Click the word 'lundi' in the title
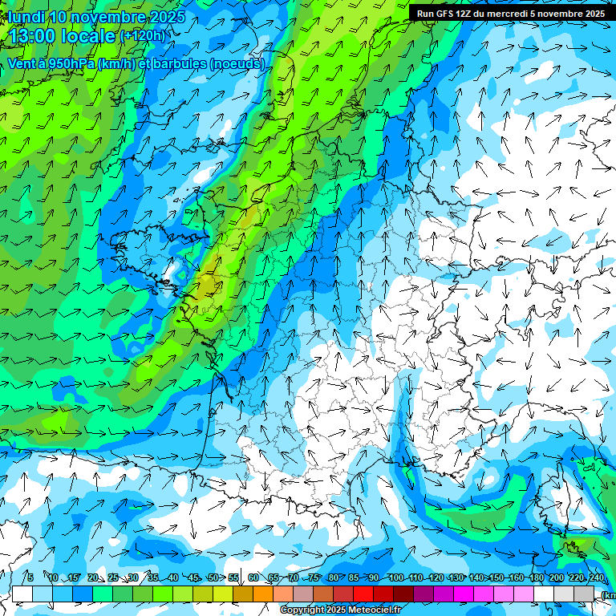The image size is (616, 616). coord(27,17)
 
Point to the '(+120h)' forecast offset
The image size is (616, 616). coord(143,36)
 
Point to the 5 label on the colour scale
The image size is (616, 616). coord(30,578)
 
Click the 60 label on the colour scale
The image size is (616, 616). coord(253,578)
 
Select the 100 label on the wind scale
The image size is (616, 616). coord(395,578)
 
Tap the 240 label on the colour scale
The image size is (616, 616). coord(597,578)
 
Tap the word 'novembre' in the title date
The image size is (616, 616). coord(103,17)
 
